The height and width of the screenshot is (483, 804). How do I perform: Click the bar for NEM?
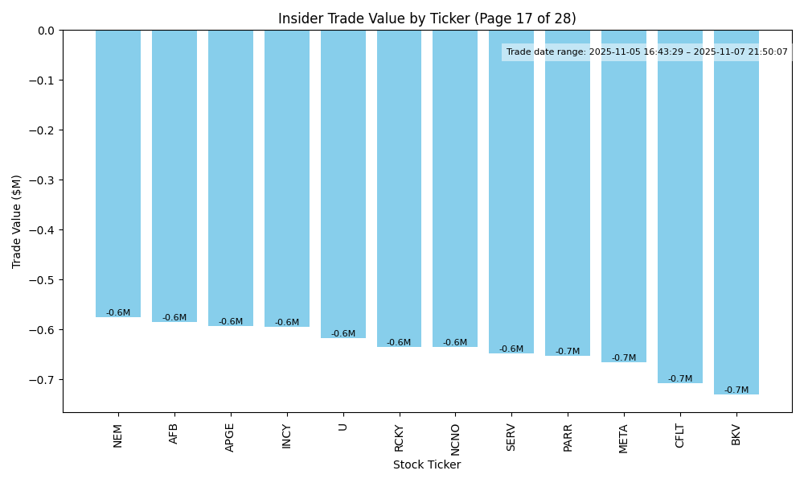tap(118, 173)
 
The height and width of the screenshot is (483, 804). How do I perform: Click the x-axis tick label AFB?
tap(174, 433)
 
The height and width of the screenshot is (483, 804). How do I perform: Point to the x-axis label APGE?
tap(231, 437)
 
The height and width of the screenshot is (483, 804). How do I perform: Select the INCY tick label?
tap(287, 436)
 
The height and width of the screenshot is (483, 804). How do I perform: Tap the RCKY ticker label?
tap(399, 437)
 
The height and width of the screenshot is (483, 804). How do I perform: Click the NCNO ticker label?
tap(455, 439)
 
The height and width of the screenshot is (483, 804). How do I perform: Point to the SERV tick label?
tap(511, 436)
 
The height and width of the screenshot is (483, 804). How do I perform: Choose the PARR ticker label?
tap(568, 436)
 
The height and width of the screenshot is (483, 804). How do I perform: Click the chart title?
tap(427, 19)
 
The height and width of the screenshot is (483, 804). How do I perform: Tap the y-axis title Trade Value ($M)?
tap(17, 221)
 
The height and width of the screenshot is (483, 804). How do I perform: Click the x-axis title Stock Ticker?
tap(427, 464)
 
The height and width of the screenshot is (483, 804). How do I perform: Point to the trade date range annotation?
tap(646, 52)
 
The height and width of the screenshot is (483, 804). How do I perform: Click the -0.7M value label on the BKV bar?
tap(736, 390)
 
